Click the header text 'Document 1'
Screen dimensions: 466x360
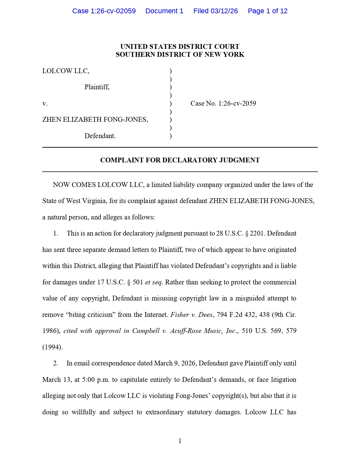(164, 11)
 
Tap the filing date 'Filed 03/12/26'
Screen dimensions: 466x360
(215, 11)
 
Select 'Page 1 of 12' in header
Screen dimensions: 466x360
(267, 11)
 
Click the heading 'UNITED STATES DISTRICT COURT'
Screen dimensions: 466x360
(180, 47)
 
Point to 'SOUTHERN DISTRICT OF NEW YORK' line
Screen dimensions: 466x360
(180, 55)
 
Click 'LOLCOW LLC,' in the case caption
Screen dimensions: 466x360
(66, 71)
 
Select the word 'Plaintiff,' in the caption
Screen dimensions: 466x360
(97, 87)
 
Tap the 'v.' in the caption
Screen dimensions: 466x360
(45, 104)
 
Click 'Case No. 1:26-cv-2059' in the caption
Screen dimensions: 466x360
(223, 103)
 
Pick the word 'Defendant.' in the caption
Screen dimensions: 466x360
(100, 136)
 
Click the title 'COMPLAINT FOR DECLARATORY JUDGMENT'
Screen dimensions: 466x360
(180, 160)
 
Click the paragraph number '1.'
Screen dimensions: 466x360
(56, 233)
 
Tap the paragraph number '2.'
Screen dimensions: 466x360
(56, 363)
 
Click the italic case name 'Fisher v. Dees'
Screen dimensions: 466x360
(191, 315)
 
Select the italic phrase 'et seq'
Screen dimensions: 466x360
(153, 282)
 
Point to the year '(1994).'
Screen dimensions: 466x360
(53, 347)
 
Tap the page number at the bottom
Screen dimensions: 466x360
(180, 441)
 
